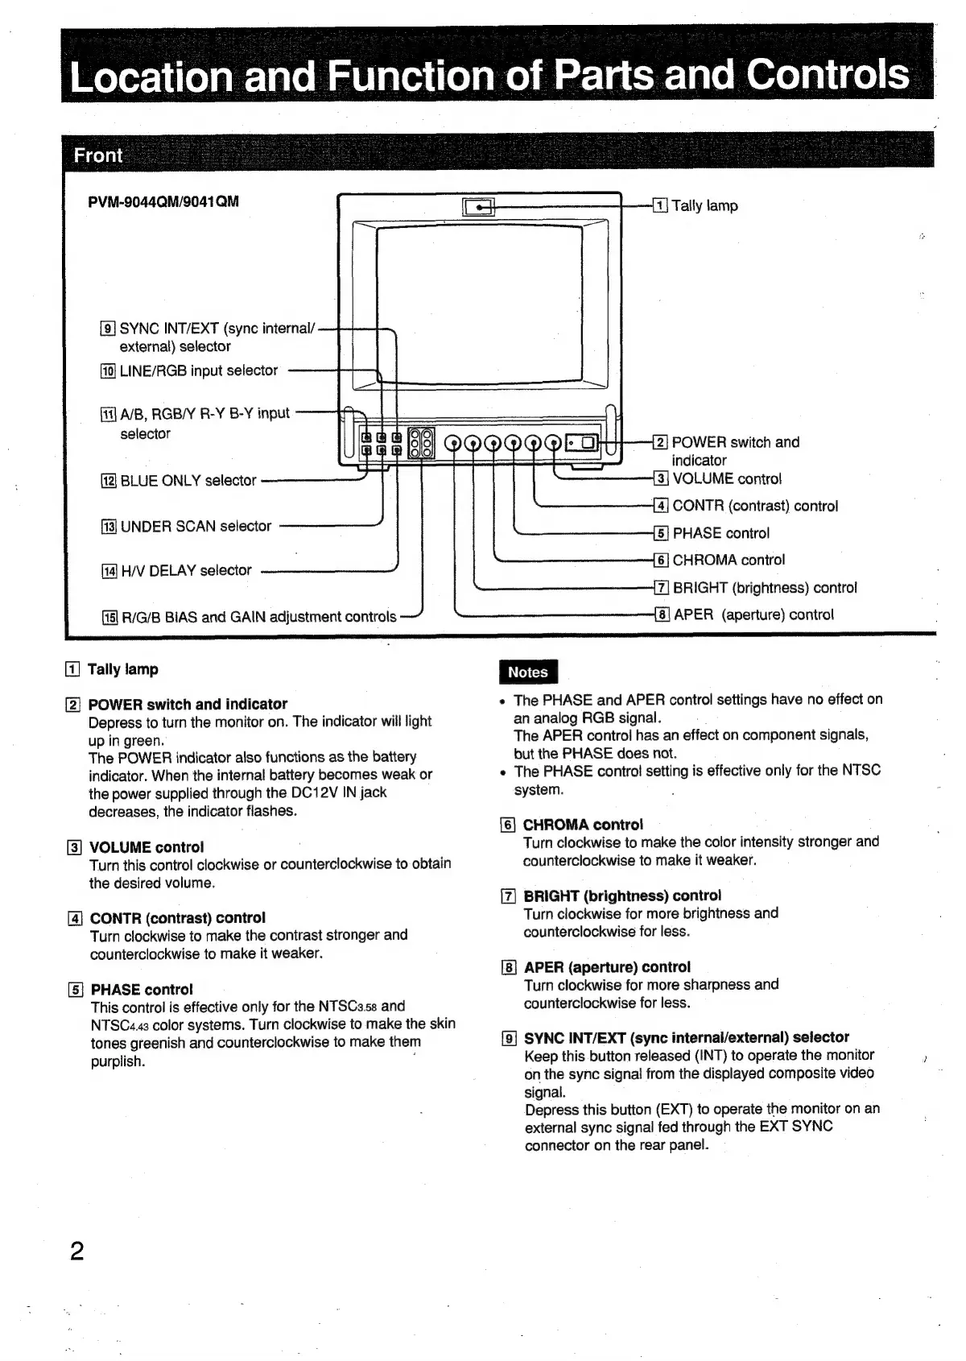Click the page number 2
(77, 1252)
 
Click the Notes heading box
(528, 672)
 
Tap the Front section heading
(98, 155)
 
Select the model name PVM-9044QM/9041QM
(163, 201)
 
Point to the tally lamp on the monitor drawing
(479, 207)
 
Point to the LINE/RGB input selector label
(198, 370)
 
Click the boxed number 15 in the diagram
(109, 618)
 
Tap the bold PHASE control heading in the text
(142, 989)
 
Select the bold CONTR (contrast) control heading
(177, 917)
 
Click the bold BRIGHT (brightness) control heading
(622, 896)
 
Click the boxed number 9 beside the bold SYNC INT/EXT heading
(508, 1038)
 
